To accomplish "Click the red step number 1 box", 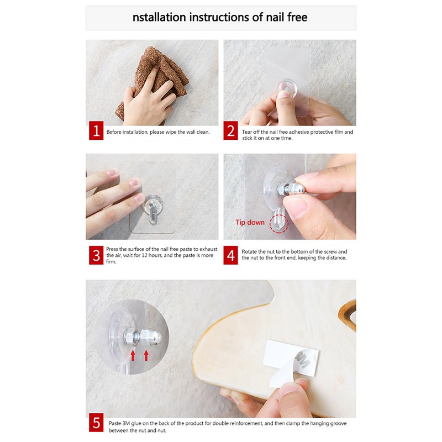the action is pyautogui.click(x=96, y=130).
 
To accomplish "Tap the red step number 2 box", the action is pyautogui.click(x=230, y=130).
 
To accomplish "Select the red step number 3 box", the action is pyautogui.click(x=96, y=255).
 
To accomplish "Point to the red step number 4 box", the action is pyautogui.click(x=230, y=255).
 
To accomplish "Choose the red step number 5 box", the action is pyautogui.click(x=96, y=423).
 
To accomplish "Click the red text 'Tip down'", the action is pyautogui.click(x=250, y=223).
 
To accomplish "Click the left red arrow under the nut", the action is pyautogui.click(x=133, y=355).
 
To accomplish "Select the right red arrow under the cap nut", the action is pyautogui.click(x=146, y=355).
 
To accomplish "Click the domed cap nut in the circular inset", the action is pyautogui.click(x=151, y=338).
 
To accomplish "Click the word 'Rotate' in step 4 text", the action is pyautogui.click(x=249, y=251).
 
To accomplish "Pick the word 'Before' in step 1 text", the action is pyautogui.click(x=114, y=132).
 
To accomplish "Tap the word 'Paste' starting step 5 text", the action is pyautogui.click(x=115, y=423).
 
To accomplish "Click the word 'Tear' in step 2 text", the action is pyautogui.click(x=247, y=132).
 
